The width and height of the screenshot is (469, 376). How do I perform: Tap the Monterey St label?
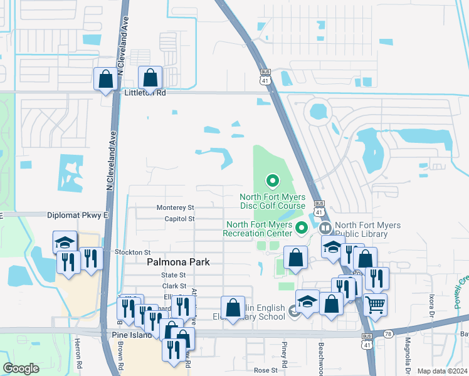click(176, 207)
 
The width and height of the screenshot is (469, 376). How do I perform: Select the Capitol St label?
click(179, 219)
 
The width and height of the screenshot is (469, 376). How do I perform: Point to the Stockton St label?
click(133, 252)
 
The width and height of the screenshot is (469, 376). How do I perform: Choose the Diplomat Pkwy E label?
click(78, 215)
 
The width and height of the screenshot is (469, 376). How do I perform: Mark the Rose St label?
click(265, 370)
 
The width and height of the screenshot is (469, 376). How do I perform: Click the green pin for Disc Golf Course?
click(273, 182)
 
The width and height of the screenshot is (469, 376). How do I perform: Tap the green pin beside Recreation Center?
click(301, 227)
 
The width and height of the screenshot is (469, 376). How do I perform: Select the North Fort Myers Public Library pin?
click(325, 227)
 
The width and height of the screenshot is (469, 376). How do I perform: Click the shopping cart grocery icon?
click(375, 305)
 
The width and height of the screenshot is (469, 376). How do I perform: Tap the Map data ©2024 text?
click(442, 371)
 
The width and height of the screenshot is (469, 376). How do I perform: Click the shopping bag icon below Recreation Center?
click(295, 258)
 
